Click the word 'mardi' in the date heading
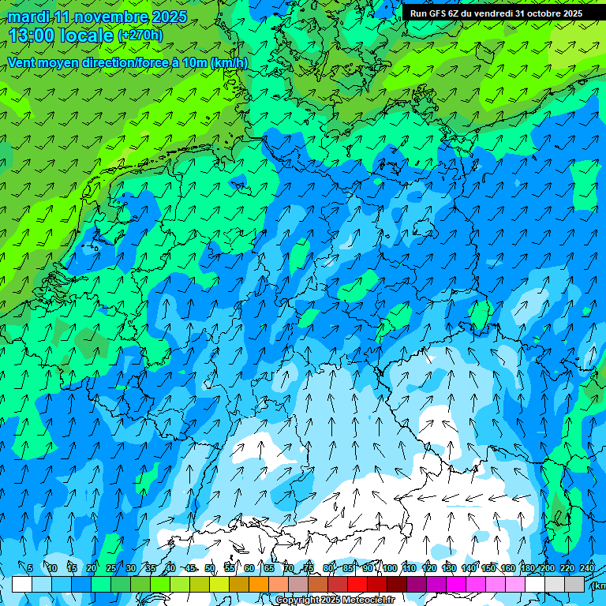click(28, 17)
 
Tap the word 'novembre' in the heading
click(108, 17)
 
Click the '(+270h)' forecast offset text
click(140, 36)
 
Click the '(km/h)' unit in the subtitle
click(229, 62)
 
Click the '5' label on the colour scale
click(30, 568)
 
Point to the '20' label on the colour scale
click(92, 568)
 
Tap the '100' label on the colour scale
click(390, 568)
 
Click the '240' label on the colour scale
click(587, 568)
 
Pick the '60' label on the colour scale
click(249, 568)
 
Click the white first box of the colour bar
click(22, 584)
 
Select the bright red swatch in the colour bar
click(357, 584)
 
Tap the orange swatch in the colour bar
click(259, 584)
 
